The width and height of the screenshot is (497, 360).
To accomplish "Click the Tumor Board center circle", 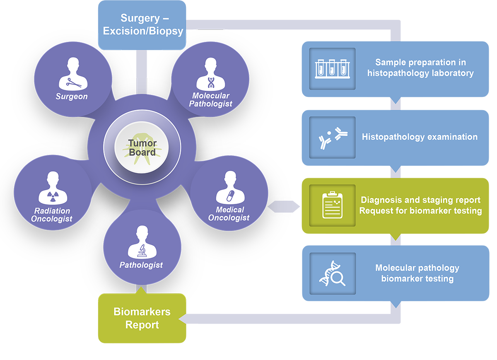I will click(142, 148).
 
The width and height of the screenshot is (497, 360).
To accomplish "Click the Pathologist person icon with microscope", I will click(142, 242).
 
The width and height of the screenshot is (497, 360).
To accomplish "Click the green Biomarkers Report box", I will click(142, 318).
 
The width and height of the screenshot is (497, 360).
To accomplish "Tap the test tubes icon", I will click(333, 68).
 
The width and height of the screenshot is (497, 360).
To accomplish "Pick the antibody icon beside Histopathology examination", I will click(333, 137).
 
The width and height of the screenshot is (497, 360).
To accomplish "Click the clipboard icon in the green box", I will click(333, 205).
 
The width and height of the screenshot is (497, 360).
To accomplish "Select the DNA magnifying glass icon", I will click(333, 273).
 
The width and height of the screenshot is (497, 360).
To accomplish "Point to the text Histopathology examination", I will click(420, 137).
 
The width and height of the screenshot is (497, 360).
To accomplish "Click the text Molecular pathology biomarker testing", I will click(417, 273).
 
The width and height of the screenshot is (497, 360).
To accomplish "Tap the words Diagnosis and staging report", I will click(420, 200).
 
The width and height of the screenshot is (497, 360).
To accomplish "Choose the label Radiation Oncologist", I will click(51, 215).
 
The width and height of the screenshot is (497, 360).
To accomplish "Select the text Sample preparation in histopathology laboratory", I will click(420, 68).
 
